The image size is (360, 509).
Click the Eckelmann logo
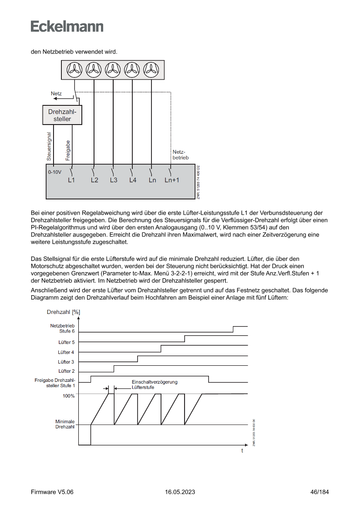point(67,27)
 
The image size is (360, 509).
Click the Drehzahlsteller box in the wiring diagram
point(63,115)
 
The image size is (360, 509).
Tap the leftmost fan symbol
point(75,69)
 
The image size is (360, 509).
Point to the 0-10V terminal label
point(55,172)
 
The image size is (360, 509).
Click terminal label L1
point(71,180)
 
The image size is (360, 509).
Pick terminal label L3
point(114,180)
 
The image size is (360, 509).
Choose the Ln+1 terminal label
point(172,180)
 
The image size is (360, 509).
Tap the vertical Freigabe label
point(68,149)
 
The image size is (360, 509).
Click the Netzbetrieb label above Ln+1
point(180,155)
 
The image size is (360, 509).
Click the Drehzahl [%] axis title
point(63,312)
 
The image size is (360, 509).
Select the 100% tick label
point(69,396)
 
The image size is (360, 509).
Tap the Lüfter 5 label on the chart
point(66,342)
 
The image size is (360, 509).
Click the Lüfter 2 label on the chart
point(66,371)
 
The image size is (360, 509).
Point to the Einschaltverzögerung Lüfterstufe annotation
point(155,384)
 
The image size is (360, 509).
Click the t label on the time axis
point(242,451)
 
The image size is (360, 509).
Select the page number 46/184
point(320,492)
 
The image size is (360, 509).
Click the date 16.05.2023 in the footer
point(180,492)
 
